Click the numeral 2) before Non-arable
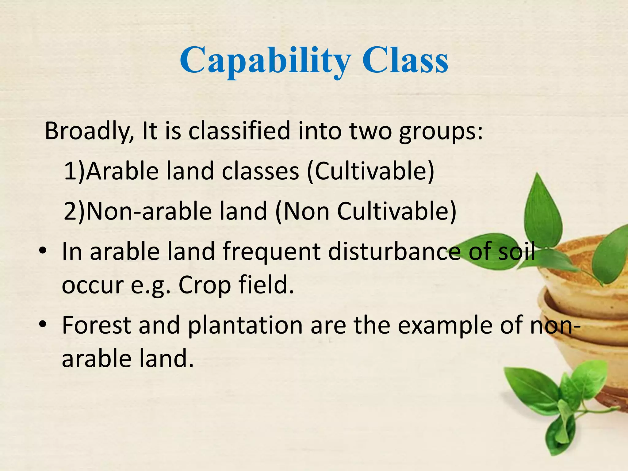point(74,212)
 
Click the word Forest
point(97,325)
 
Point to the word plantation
point(245,326)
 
